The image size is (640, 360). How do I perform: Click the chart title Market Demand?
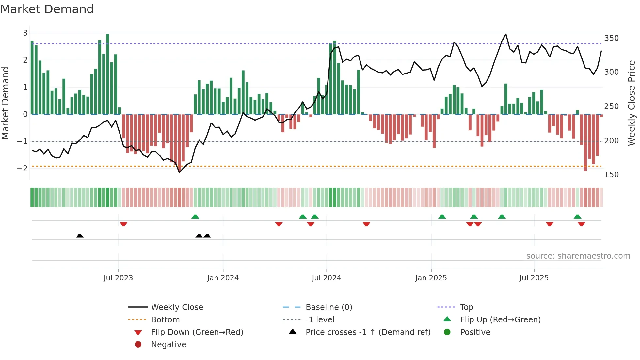(x=47, y=9)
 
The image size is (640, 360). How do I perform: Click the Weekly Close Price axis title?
(x=632, y=103)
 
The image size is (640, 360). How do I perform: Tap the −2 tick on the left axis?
(x=22, y=169)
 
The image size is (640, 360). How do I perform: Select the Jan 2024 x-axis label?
(x=223, y=278)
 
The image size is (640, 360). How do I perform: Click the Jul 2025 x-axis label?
(x=534, y=278)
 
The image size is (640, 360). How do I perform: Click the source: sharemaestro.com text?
(x=578, y=256)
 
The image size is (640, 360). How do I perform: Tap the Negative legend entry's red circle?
(x=138, y=345)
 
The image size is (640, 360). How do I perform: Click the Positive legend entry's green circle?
(x=447, y=332)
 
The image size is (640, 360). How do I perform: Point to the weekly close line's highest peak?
(x=506, y=34)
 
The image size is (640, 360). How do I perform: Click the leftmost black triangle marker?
(x=80, y=236)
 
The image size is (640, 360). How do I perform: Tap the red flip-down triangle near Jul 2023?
(x=123, y=224)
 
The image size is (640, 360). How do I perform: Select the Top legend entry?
(x=466, y=307)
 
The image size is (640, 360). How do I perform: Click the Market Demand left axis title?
(x=5, y=103)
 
